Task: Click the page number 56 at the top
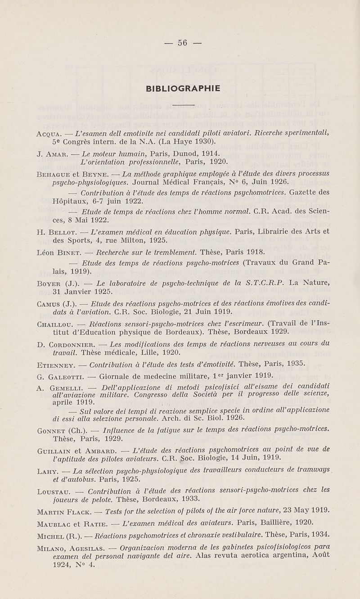coord(182,43)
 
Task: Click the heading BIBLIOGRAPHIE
coord(183,89)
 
